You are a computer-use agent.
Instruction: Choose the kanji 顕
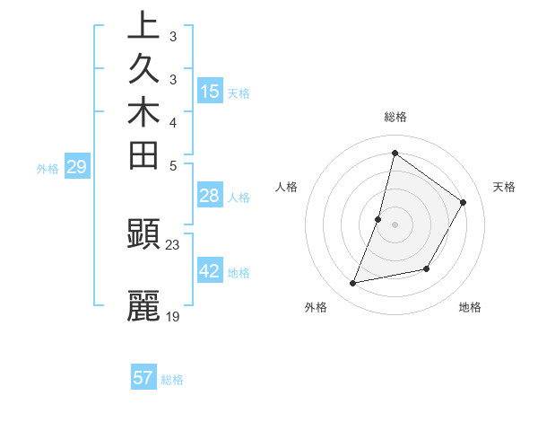(x=143, y=235)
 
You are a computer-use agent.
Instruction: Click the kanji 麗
(x=143, y=306)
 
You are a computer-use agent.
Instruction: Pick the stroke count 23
(x=173, y=244)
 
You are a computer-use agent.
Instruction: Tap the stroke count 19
(x=173, y=315)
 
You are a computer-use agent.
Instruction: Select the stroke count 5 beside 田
(x=172, y=165)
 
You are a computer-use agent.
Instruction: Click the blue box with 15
(x=210, y=91)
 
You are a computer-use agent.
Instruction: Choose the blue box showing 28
(x=210, y=197)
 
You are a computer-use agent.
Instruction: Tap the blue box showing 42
(x=210, y=271)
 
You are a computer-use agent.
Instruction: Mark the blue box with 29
(x=76, y=167)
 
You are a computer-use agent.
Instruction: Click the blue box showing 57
(x=143, y=378)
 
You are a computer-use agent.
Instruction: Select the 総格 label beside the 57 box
(x=173, y=381)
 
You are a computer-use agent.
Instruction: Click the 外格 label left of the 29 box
(x=48, y=169)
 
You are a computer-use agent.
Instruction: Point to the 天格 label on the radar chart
(x=505, y=187)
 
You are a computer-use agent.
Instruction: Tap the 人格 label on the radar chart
(x=287, y=187)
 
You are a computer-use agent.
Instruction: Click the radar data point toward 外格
(x=353, y=284)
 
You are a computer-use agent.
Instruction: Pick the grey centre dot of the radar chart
(x=395, y=224)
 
